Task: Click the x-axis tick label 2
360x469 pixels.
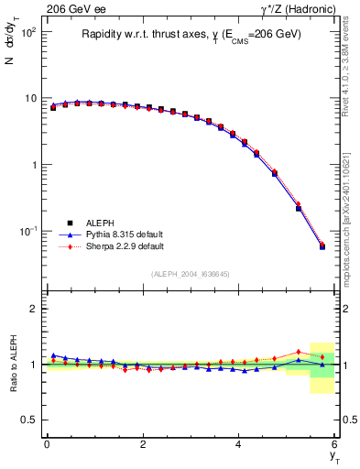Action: tap(143, 444)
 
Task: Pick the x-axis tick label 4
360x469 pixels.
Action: tap(239, 444)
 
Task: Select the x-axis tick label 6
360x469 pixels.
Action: tap(334, 444)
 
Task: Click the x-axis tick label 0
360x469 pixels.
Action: tap(47, 444)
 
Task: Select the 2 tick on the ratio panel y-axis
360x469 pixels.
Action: tap(34, 310)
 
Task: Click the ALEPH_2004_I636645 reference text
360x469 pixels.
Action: tap(190, 274)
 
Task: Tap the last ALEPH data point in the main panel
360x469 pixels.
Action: tap(322, 246)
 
